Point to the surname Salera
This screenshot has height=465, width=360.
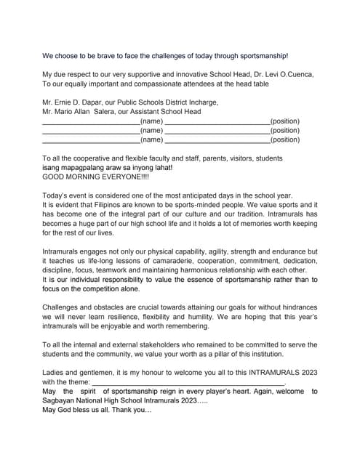pyautogui.click(x=108, y=112)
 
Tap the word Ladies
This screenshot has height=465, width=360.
pyautogui.click(x=55, y=372)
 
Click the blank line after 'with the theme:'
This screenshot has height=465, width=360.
pyautogui.click(x=188, y=382)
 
